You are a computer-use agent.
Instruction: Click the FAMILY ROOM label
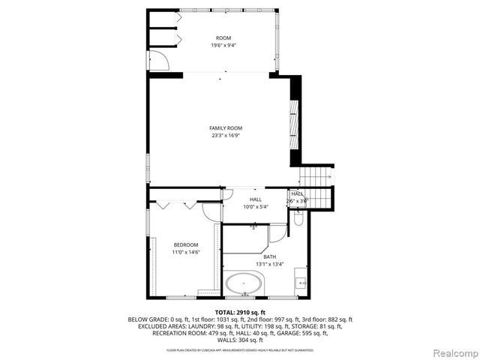(x=226, y=128)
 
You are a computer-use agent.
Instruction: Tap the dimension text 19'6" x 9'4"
(x=223, y=46)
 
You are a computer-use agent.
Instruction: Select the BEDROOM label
(x=186, y=245)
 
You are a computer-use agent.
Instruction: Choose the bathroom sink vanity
(x=301, y=281)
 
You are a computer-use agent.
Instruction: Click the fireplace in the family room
(x=295, y=120)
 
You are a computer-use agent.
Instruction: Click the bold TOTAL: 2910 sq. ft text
(x=239, y=311)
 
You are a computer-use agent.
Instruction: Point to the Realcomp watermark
(x=453, y=352)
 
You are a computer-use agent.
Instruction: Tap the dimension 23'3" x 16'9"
(x=226, y=136)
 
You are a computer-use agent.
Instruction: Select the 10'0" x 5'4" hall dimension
(x=235, y=207)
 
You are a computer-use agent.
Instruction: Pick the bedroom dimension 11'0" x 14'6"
(x=186, y=253)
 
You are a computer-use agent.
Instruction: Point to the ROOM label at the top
(x=223, y=38)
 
